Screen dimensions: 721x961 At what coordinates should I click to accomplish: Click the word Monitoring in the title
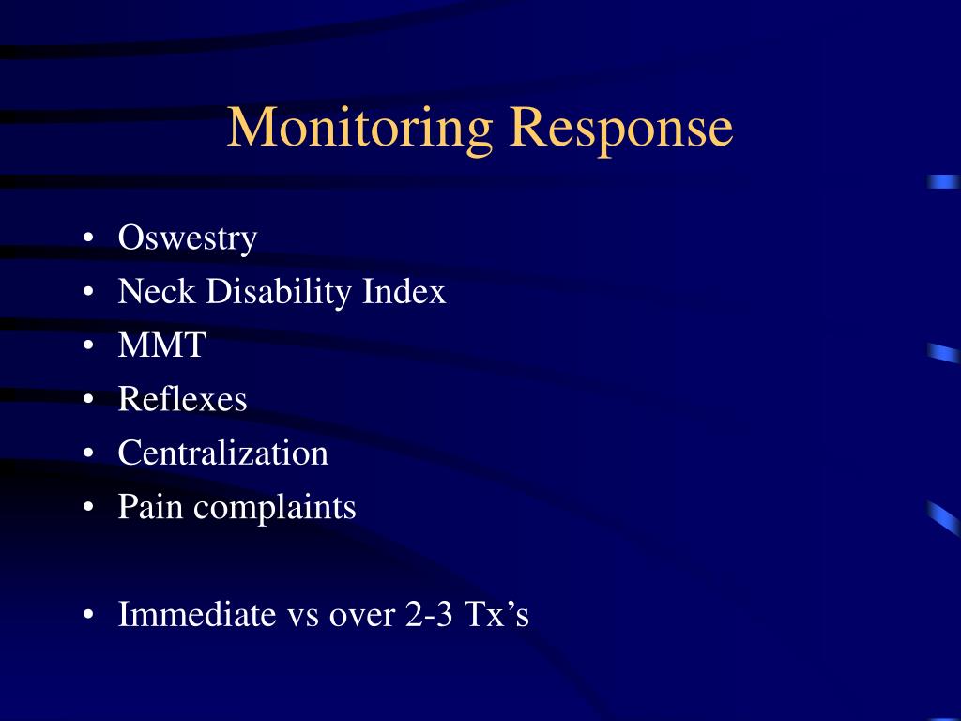tap(359, 128)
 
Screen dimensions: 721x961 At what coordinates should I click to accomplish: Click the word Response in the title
tap(620, 128)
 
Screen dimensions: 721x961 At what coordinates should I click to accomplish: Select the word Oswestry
tap(187, 238)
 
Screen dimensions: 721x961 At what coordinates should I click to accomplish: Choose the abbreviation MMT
tap(160, 346)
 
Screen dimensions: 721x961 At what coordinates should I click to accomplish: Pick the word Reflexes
tap(182, 400)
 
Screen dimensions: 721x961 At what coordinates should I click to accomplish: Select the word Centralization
tap(222, 453)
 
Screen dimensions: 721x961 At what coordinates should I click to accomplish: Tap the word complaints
tap(275, 508)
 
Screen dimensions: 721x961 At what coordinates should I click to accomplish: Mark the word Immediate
tap(193, 615)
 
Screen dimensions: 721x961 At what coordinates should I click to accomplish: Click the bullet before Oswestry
tap(87, 239)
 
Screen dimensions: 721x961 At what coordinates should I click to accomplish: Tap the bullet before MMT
tap(87, 347)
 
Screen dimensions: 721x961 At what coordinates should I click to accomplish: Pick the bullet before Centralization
tap(87, 454)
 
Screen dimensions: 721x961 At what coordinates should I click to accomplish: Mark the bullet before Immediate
tap(87, 616)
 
